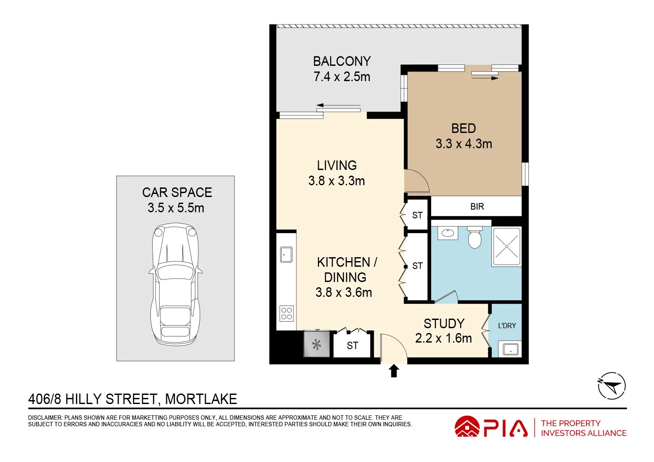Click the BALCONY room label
click(342, 61)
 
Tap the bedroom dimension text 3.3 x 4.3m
click(463, 144)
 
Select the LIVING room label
click(337, 166)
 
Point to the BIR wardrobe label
click(477, 207)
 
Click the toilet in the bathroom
click(474, 238)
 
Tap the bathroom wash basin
click(448, 233)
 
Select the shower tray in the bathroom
click(507, 247)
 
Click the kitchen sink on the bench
click(286, 255)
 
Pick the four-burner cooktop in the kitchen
click(286, 313)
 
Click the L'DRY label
click(507, 326)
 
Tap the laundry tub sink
click(510, 350)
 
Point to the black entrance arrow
click(394, 371)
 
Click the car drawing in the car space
click(175, 283)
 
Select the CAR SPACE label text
click(177, 193)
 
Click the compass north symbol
click(611, 386)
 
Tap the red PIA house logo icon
click(467, 427)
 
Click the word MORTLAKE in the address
click(201, 399)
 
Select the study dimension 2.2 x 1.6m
click(443, 338)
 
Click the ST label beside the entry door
click(352, 346)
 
